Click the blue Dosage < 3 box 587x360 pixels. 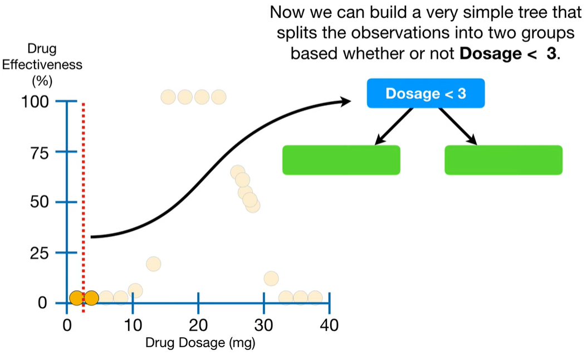425,93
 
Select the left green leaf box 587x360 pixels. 341,160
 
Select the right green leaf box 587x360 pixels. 503,160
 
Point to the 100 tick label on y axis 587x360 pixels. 36,102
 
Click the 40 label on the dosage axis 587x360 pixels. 330,325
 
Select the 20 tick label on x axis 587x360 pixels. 198,325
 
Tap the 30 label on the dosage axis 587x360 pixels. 264,325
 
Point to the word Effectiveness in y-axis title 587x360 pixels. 42,65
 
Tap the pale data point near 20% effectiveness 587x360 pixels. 153,264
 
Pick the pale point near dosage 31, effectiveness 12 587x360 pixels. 271,278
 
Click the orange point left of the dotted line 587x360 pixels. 76,298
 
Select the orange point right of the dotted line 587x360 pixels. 91,298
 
